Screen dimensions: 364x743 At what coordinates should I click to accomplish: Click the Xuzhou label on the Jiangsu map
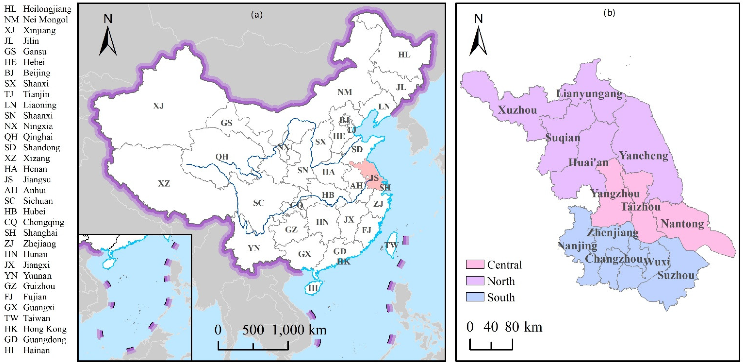tap(517, 110)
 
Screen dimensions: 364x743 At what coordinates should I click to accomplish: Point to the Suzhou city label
tap(676, 275)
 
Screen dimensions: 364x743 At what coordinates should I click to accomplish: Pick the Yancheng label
tap(644, 156)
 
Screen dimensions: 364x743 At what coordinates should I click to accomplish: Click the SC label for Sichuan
tap(259, 203)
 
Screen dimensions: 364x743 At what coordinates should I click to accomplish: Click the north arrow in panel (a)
tap(108, 40)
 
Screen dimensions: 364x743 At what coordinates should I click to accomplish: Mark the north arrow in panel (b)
tap(478, 40)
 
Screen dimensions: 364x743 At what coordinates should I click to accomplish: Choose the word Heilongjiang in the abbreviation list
tap(47, 9)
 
